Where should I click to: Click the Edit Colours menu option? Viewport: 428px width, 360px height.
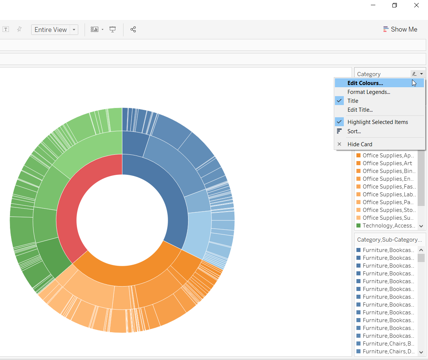point(365,83)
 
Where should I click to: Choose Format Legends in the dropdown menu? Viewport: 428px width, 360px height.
point(369,92)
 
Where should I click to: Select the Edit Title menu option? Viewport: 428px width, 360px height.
point(360,110)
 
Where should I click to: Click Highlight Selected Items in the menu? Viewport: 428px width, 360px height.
point(378,122)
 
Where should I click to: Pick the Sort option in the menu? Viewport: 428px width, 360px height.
point(354,131)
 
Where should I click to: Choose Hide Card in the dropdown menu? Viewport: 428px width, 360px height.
point(359,144)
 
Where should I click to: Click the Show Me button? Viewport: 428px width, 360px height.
point(400,29)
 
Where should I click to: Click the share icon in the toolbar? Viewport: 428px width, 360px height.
point(133,29)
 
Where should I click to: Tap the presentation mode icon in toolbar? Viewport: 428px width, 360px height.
point(113,29)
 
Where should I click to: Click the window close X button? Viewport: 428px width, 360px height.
point(417,5)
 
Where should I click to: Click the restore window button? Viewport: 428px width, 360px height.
point(395,5)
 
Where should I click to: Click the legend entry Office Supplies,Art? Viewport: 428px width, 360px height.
point(387,163)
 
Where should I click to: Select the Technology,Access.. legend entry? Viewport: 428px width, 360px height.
point(388,226)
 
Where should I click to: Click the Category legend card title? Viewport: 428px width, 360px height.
point(369,74)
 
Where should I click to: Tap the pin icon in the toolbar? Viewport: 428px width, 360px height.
point(19,29)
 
